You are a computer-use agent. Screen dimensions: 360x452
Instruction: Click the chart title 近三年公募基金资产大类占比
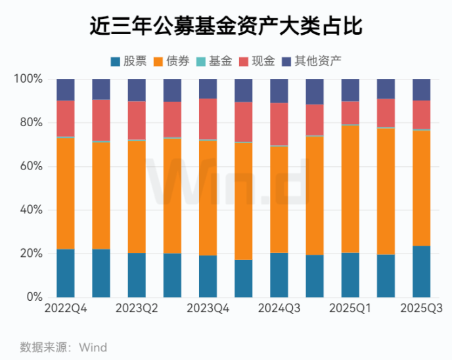click(226, 26)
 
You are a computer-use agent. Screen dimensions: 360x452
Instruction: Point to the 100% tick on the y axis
click(28, 79)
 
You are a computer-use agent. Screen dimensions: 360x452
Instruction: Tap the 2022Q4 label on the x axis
click(66, 309)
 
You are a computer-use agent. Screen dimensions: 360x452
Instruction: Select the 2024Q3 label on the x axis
click(279, 309)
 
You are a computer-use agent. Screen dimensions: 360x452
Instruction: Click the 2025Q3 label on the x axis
click(421, 309)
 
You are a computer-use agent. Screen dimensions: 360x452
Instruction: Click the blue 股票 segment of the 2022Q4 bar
click(66, 273)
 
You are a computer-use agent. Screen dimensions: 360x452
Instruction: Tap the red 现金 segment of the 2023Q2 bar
click(137, 120)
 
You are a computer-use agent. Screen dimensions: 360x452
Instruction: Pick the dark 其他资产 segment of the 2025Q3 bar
click(421, 89)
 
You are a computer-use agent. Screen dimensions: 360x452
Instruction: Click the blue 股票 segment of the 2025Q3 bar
click(421, 271)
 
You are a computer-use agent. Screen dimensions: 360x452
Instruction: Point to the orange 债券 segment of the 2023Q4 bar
click(208, 198)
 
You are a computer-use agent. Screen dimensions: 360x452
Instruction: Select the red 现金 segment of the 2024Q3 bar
click(279, 124)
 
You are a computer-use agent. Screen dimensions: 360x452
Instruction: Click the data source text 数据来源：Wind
click(63, 347)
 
